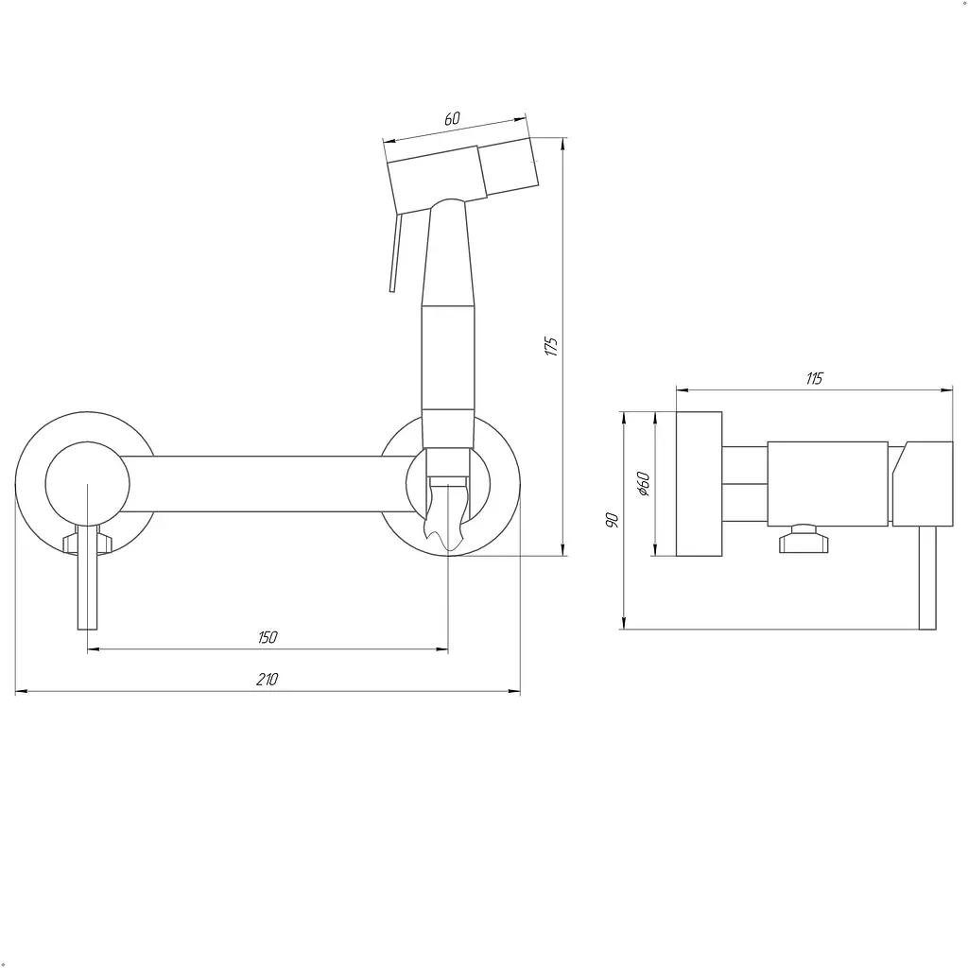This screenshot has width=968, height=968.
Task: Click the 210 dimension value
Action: (x=267, y=679)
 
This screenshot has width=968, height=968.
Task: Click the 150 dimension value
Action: (x=268, y=637)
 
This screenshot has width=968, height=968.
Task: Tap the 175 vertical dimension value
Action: (x=551, y=346)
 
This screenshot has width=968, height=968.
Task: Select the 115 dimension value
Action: (x=814, y=378)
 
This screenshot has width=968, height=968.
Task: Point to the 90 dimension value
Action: (x=612, y=520)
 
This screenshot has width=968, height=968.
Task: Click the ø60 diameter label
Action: (x=643, y=484)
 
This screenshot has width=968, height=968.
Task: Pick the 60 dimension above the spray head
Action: (x=452, y=118)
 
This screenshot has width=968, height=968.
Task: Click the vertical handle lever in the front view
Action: (x=88, y=578)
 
